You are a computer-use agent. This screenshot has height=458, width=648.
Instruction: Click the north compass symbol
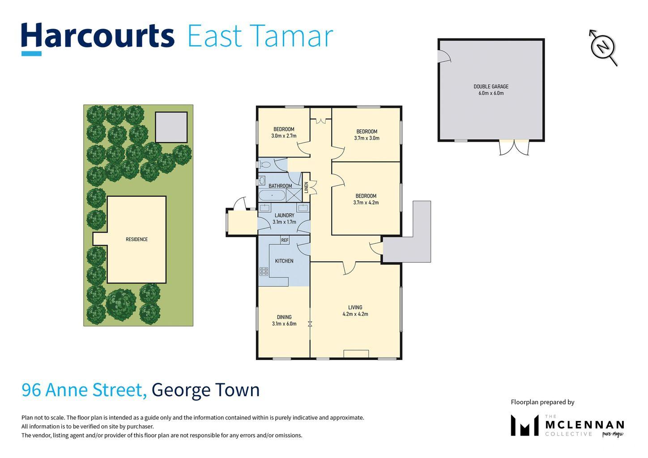[x=604, y=47]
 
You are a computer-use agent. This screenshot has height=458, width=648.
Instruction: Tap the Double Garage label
[x=491, y=90]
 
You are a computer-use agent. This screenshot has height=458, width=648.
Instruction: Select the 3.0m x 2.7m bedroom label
[x=284, y=132]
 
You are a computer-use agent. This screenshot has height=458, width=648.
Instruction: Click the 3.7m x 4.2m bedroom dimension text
[x=366, y=203]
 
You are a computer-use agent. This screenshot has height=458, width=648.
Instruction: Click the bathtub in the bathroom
[x=272, y=195]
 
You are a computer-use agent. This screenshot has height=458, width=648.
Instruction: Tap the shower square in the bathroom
[x=294, y=195]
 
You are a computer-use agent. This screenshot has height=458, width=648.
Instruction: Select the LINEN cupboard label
[x=307, y=187]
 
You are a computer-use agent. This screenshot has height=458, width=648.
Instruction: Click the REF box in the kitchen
[x=285, y=240]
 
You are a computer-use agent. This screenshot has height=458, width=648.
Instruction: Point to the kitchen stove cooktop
[x=264, y=271]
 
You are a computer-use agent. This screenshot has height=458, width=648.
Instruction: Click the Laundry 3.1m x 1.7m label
[x=284, y=219]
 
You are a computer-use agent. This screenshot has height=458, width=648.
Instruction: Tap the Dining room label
[x=284, y=320]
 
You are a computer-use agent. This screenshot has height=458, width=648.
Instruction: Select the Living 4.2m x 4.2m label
[x=355, y=310]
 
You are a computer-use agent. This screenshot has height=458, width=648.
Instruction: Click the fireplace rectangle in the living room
[x=356, y=354]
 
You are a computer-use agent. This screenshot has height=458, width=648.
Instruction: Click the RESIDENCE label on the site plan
[x=136, y=239]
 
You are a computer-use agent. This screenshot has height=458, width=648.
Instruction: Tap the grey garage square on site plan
[x=171, y=127]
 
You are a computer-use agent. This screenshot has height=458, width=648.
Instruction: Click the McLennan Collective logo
[x=567, y=426]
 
